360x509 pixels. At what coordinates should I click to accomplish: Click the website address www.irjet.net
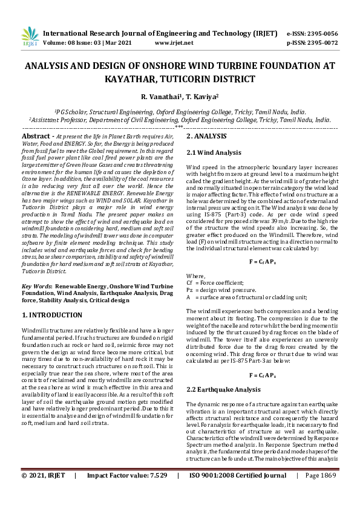pyautogui.click(x=174, y=43)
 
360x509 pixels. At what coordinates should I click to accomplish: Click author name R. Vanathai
pyautogui.click(x=159, y=97)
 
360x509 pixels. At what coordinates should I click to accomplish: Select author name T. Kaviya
pyautogui.click(x=203, y=97)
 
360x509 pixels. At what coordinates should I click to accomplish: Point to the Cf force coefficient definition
pyautogui.click(x=215, y=282)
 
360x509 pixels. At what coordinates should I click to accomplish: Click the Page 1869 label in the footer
pyautogui.click(x=321, y=493)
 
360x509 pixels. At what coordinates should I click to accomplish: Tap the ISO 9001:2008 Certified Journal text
pyautogui.click(x=238, y=493)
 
